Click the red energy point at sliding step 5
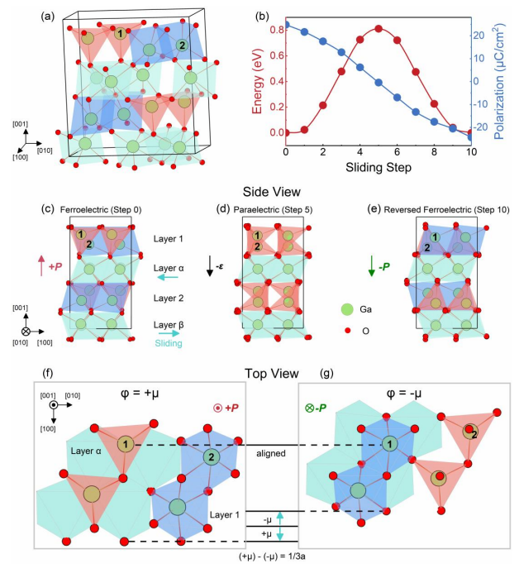coord(379,28)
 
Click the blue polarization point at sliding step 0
coord(286,25)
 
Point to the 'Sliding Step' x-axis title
coord(379,168)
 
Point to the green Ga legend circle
coord(347,308)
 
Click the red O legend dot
coord(347,330)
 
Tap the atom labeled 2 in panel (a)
coord(180,44)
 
